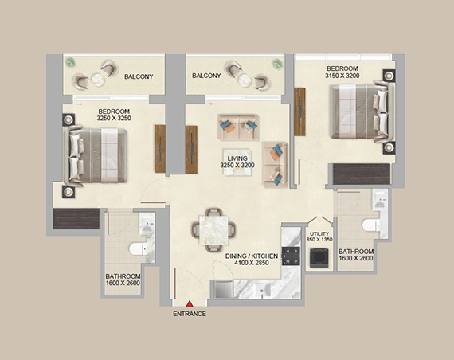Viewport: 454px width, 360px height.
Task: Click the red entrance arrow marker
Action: point(190,303)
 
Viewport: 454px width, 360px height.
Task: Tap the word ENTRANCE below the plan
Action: point(190,314)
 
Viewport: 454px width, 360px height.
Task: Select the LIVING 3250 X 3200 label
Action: point(237,163)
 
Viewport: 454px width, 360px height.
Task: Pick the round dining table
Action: point(213,229)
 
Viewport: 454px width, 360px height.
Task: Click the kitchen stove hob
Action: point(291,256)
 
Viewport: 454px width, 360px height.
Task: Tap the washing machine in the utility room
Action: point(319,256)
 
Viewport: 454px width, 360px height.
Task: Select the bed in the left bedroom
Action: point(96,154)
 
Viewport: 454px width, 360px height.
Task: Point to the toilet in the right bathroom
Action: point(371,225)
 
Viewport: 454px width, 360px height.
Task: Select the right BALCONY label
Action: point(206,76)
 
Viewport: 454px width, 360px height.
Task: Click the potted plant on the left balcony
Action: point(70,62)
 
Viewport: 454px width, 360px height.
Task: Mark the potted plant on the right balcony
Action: point(276,62)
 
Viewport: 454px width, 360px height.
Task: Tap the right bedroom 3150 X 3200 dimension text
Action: point(342,76)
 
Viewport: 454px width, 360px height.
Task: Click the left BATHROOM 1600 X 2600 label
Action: point(122,282)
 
